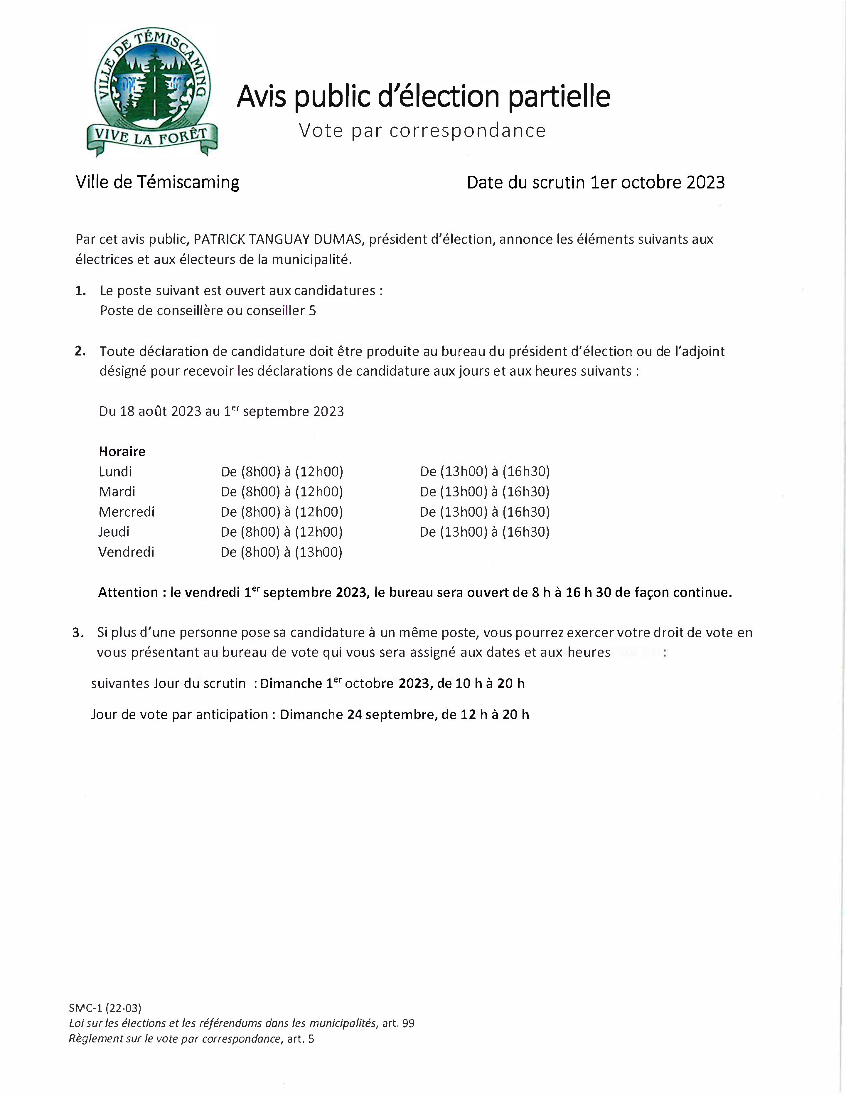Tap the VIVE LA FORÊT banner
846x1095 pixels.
pos(152,137)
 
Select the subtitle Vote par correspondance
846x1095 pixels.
pos(422,130)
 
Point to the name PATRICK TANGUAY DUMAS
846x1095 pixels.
pos(277,240)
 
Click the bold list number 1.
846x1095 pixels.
pos(80,291)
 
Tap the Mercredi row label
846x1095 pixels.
pos(127,512)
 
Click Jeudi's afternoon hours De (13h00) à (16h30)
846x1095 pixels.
pos(484,532)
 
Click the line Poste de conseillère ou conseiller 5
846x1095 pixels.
pos(208,311)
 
